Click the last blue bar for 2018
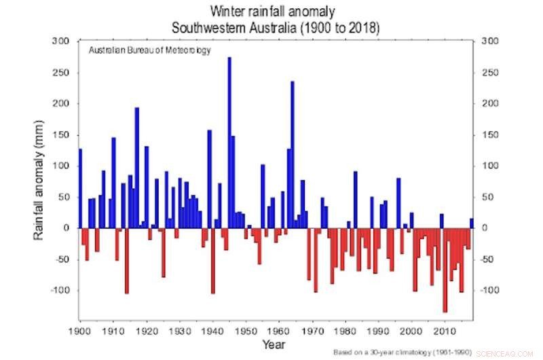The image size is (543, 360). point(472,223)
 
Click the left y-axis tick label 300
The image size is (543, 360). point(61,41)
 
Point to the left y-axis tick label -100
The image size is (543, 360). point(59,290)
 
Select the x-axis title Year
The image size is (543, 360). point(276,344)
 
